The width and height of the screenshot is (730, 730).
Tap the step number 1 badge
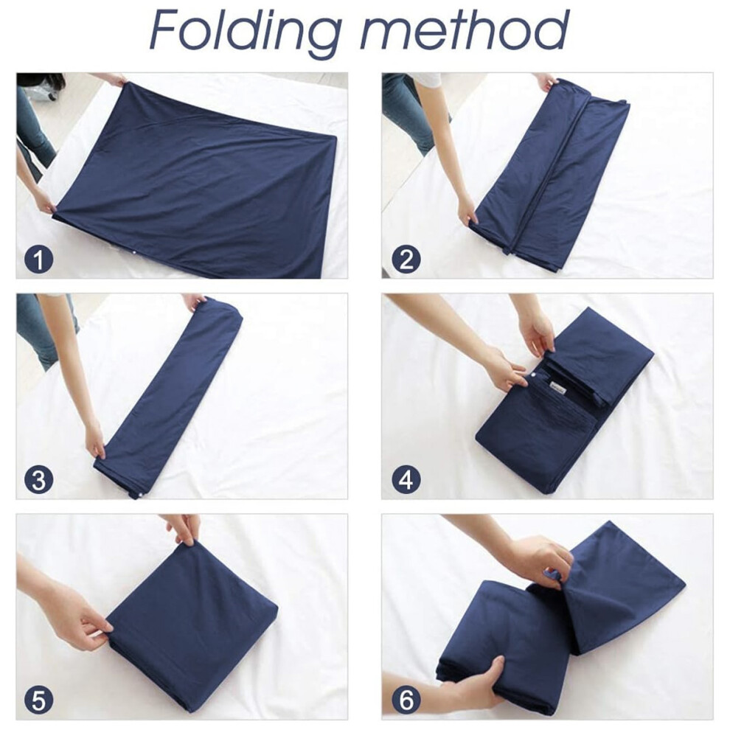click(x=38, y=260)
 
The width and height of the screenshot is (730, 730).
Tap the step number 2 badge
click(x=406, y=260)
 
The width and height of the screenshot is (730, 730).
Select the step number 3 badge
click(x=38, y=480)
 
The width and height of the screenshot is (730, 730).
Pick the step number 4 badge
click(x=406, y=480)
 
